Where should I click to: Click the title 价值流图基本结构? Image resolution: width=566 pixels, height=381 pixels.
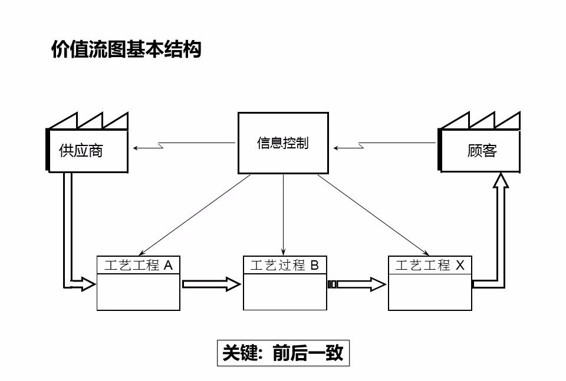(126, 49)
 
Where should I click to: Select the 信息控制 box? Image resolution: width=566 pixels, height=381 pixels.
(283, 143)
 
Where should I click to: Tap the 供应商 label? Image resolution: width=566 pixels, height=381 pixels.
(81, 151)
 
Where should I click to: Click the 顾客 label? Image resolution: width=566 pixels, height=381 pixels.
(482, 151)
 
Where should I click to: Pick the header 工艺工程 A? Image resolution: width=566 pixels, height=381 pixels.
(139, 266)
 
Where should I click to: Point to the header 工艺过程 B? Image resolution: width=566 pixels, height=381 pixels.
(285, 266)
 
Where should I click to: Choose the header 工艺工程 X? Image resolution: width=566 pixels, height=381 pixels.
(430, 266)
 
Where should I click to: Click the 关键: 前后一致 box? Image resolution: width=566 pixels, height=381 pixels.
(283, 353)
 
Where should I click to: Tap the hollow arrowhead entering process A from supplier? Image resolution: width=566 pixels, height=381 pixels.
(86, 284)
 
